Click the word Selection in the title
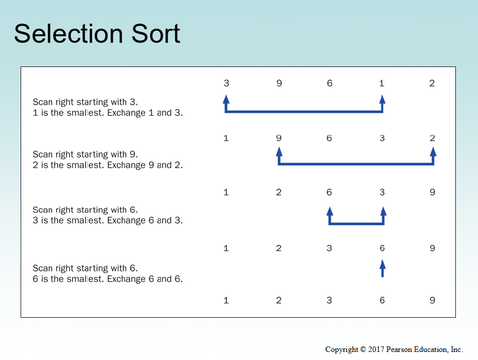(x=68, y=34)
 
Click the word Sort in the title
(x=156, y=34)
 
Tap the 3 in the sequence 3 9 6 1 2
(x=226, y=83)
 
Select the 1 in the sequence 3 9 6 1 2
(x=382, y=83)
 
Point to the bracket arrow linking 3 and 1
(x=304, y=112)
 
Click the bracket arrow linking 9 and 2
(x=356, y=164)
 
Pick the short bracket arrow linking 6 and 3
(x=356, y=224)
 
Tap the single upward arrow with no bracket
(x=382, y=268)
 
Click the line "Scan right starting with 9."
(x=86, y=155)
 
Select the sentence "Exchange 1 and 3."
(x=145, y=113)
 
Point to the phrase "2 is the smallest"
(x=68, y=165)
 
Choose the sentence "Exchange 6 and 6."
(x=145, y=279)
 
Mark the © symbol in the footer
(x=363, y=349)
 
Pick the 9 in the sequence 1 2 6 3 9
(x=432, y=192)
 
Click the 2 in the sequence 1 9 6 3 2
(x=432, y=138)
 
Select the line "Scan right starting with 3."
(x=86, y=102)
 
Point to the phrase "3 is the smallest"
(x=68, y=220)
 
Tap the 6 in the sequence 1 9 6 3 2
(x=329, y=138)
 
